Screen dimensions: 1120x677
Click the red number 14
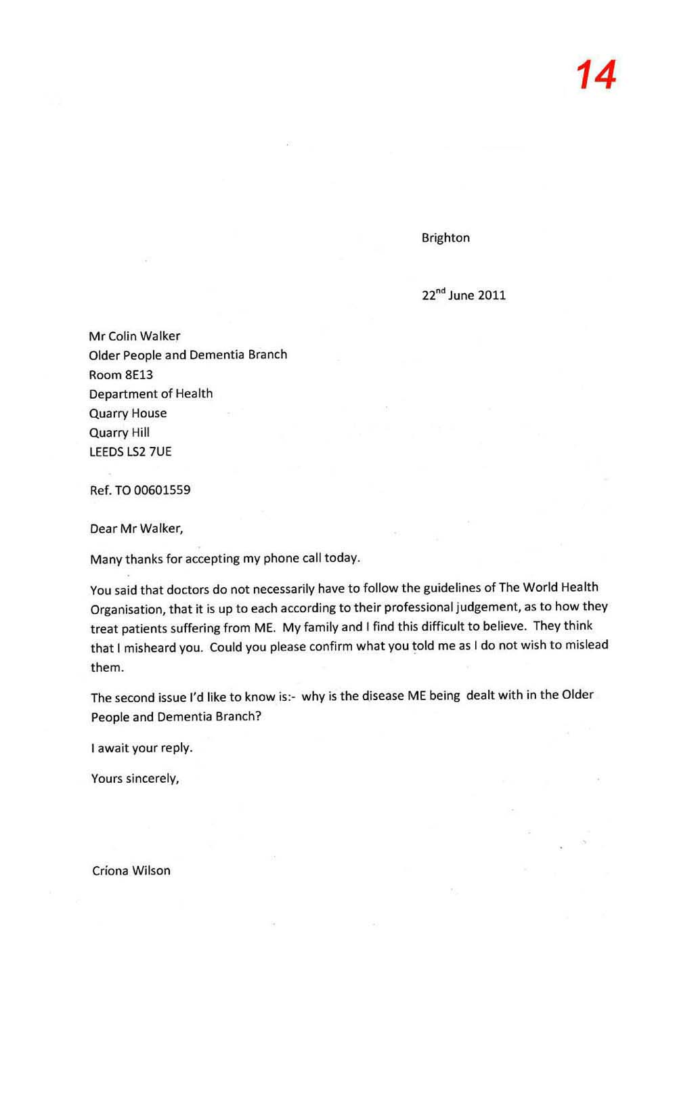coord(596,75)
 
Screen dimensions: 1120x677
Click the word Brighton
coord(445,238)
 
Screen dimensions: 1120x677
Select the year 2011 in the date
coord(492,295)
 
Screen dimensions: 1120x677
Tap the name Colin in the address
coord(123,336)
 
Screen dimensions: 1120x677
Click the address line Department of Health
coord(151,393)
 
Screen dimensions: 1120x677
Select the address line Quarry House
coord(128,413)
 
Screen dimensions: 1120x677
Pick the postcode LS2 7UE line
coord(131,452)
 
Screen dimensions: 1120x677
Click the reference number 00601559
coord(162,490)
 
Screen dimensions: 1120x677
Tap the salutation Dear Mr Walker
coord(136,528)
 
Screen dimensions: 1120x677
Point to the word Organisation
coord(127,609)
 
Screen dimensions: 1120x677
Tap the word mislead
coord(587,645)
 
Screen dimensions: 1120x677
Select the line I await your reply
coord(142,748)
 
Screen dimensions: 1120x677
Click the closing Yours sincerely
coord(135,779)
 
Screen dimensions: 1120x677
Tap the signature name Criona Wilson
coord(131,871)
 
